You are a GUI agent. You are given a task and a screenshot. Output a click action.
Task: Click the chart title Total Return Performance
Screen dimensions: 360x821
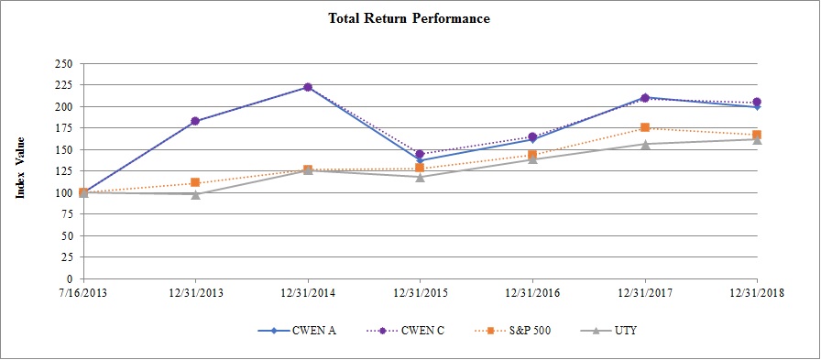click(410, 18)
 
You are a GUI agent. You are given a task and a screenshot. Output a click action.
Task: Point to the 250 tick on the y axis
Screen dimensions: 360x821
click(64, 64)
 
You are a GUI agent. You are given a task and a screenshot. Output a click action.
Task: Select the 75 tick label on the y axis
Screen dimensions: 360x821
click(67, 214)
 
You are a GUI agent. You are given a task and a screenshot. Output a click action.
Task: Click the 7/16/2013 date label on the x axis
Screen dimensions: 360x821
click(83, 294)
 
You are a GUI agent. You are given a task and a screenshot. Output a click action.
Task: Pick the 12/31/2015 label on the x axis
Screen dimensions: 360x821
click(420, 294)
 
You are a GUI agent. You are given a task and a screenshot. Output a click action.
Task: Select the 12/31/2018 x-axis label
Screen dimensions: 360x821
click(757, 294)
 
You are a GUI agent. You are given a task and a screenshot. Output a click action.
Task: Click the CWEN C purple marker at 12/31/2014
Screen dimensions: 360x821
click(308, 87)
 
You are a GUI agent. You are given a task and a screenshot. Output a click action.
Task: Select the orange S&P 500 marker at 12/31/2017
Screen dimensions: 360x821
click(645, 127)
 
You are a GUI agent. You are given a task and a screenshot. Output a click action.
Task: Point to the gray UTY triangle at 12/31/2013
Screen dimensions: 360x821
click(195, 194)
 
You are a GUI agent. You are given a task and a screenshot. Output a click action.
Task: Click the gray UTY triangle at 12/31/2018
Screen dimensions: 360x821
click(757, 139)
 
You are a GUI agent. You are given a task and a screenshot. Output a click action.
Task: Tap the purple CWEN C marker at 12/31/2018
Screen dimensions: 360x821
click(757, 103)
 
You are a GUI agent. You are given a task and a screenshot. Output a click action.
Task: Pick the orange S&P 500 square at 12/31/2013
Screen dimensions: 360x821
click(195, 182)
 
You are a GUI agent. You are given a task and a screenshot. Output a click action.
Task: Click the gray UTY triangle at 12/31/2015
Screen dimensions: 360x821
click(420, 177)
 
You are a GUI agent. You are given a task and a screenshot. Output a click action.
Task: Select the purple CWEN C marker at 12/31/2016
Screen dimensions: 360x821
click(532, 136)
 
